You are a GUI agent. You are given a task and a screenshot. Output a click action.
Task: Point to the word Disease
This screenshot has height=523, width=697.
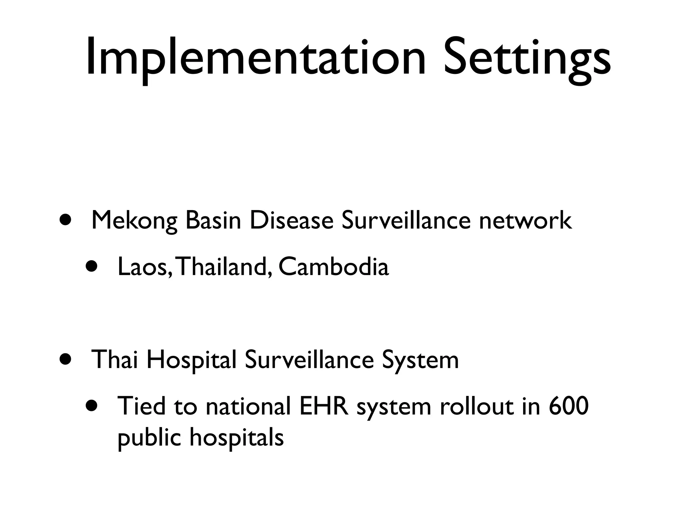pos(291,220)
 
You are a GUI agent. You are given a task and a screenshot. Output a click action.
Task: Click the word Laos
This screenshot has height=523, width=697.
pos(142,267)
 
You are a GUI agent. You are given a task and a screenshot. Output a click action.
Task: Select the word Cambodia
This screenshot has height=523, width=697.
pos(334,266)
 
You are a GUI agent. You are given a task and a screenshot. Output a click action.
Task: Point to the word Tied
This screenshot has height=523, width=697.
pos(141,406)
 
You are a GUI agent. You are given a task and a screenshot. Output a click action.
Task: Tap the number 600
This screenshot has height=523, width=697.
pos(569,406)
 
